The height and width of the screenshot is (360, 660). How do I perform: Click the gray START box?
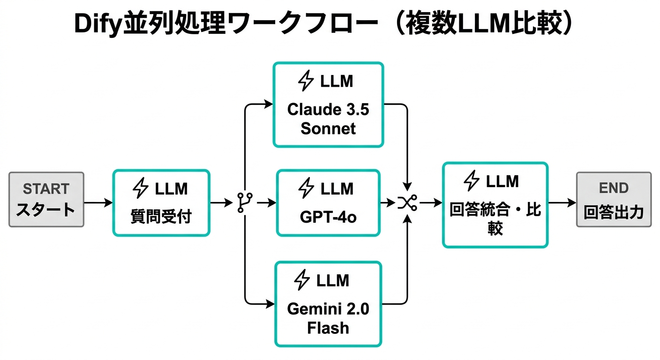click(x=46, y=199)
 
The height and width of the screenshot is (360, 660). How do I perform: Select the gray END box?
click(x=613, y=199)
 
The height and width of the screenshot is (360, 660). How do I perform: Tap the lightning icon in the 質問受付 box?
click(x=141, y=188)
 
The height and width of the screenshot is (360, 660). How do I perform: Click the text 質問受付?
click(x=161, y=217)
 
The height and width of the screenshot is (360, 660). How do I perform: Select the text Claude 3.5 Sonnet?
click(x=328, y=119)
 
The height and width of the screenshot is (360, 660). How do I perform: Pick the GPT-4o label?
click(x=328, y=217)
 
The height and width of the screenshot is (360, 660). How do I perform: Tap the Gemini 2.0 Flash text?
click(x=328, y=318)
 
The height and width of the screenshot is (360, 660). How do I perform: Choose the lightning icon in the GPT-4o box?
click(x=306, y=188)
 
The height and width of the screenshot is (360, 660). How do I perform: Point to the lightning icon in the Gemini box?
click(x=302, y=280)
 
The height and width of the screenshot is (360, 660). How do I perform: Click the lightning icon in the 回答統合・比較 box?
click(x=471, y=180)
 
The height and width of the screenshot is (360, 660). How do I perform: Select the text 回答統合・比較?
click(x=495, y=218)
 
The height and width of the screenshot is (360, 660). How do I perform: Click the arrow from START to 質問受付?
click(x=98, y=202)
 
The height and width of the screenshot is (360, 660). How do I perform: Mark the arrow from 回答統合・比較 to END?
click(x=562, y=202)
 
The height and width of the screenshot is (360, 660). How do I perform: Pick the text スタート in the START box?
click(x=46, y=210)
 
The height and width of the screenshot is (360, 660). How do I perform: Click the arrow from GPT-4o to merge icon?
click(x=387, y=202)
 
